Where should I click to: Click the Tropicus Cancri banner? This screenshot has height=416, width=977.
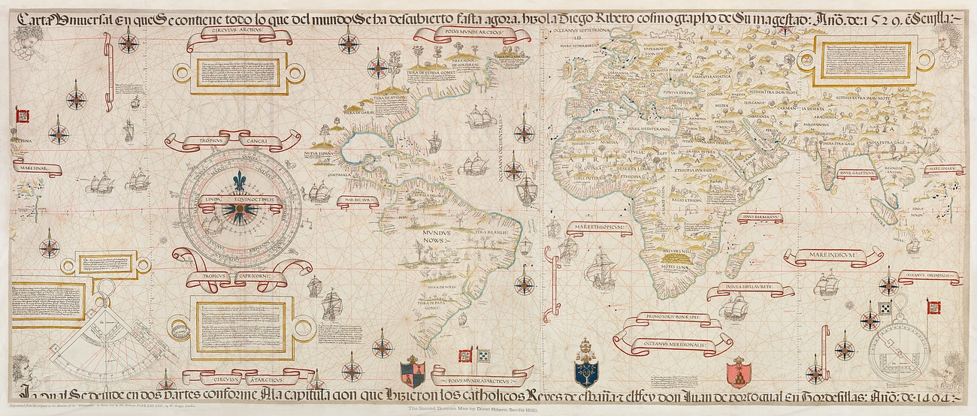[x=232, y=140]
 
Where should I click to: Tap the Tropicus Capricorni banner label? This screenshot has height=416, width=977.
[x=234, y=277]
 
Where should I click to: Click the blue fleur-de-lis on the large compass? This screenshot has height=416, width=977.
[x=240, y=182]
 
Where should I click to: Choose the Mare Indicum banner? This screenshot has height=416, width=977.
[x=833, y=256]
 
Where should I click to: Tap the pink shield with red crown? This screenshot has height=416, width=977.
[x=739, y=372]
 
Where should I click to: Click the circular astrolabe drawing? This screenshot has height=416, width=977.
[x=901, y=351]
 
